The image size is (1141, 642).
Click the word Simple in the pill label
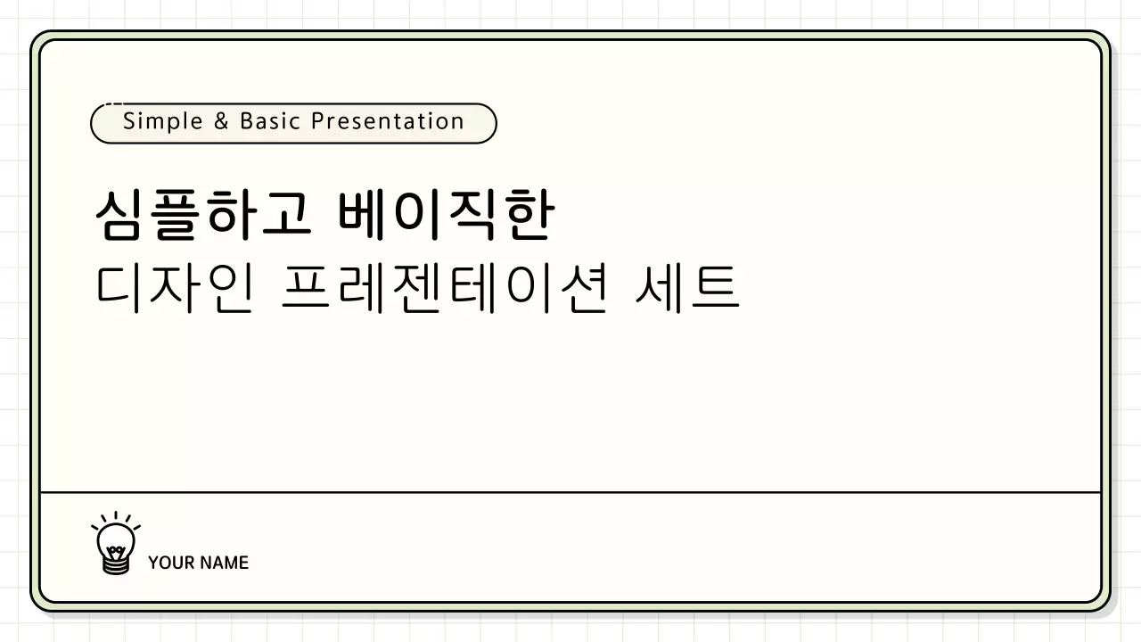coord(163,121)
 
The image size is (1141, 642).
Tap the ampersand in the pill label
coord(222,121)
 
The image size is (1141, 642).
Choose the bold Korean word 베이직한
coord(446,217)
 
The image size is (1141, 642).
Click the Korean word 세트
coord(686,288)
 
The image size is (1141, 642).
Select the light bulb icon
coord(116,542)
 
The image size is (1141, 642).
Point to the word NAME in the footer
coord(224,563)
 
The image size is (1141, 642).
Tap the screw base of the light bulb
coord(116,564)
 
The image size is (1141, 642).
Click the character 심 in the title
coord(120,217)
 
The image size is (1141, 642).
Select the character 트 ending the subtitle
coord(715,288)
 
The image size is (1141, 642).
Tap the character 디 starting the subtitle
coord(120,288)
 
